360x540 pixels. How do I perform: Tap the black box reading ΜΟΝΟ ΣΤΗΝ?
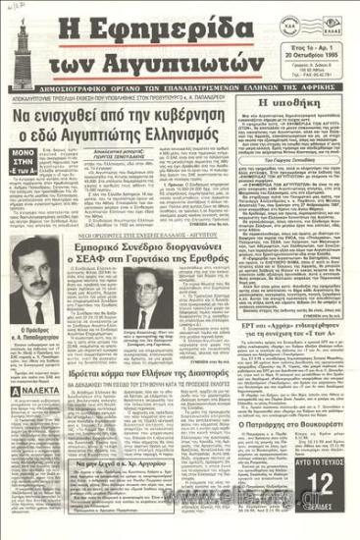coord(26,188)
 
